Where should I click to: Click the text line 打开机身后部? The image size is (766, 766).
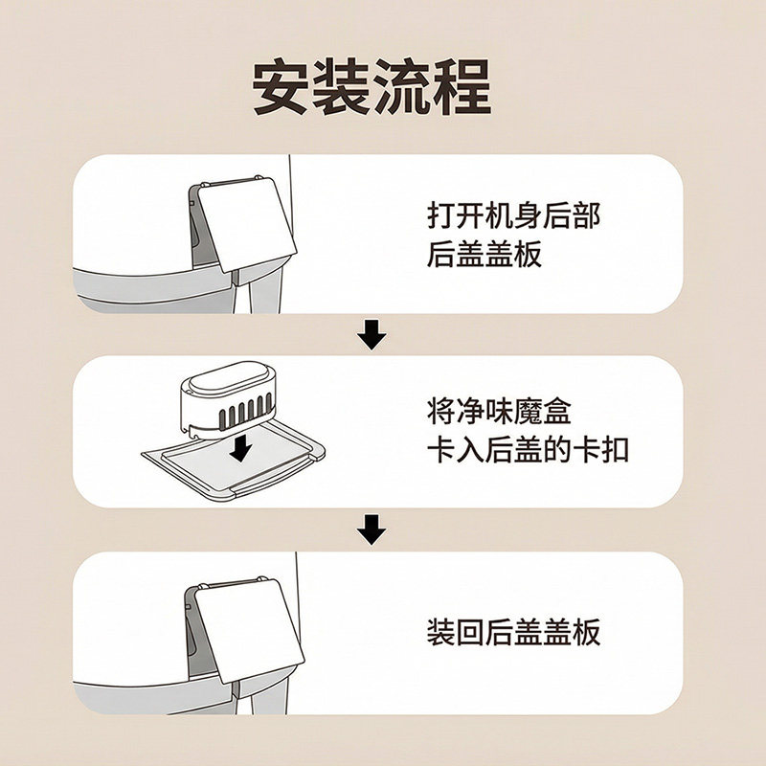coord(513,214)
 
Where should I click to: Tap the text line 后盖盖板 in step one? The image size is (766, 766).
coord(484,256)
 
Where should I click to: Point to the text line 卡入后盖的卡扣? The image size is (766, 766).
coord(528,451)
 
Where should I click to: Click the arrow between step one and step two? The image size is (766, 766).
coord(372,334)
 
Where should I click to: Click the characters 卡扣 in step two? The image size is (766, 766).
coord(607,451)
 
